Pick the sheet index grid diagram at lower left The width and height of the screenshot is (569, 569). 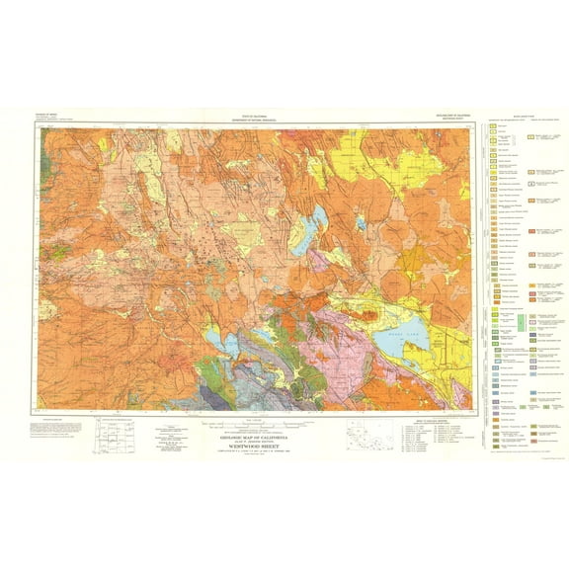(110, 436)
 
